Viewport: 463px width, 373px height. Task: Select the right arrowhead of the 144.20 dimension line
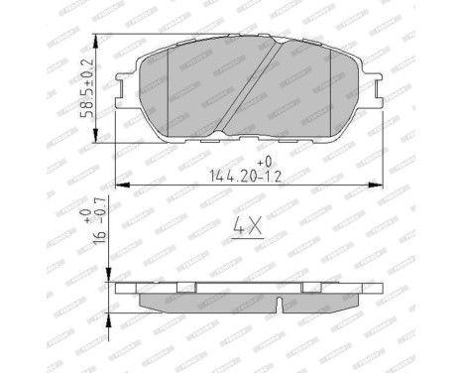tap(379, 185)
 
